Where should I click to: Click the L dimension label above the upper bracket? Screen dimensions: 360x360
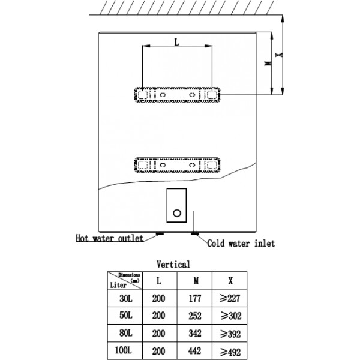click(176, 43)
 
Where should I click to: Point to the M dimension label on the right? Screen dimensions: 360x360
click(268, 64)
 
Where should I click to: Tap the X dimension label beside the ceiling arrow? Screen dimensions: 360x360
click(280, 55)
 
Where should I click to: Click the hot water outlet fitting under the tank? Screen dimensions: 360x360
click(160, 234)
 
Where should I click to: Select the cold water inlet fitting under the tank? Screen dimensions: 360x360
click(194, 234)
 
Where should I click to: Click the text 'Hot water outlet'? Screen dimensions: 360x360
click(110, 238)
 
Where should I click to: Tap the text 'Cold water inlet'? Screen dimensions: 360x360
click(241, 244)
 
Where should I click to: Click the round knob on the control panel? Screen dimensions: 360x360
click(177, 213)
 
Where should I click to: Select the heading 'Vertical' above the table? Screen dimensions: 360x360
click(173, 265)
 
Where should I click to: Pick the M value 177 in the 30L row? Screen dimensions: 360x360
click(195, 298)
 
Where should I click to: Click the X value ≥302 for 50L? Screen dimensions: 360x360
click(231, 316)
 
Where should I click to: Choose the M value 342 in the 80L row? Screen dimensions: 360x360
click(195, 334)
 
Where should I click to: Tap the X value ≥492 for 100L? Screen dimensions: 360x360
click(230, 352)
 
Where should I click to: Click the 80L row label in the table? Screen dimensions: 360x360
click(126, 333)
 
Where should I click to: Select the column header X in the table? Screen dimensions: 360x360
click(230, 281)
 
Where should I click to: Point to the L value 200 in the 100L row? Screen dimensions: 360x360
click(158, 351)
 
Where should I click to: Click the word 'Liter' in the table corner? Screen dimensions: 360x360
click(118, 285)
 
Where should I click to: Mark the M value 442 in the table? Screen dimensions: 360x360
click(195, 351)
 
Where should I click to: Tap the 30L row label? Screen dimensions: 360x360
click(126, 298)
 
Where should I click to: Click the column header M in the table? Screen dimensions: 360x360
click(196, 281)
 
